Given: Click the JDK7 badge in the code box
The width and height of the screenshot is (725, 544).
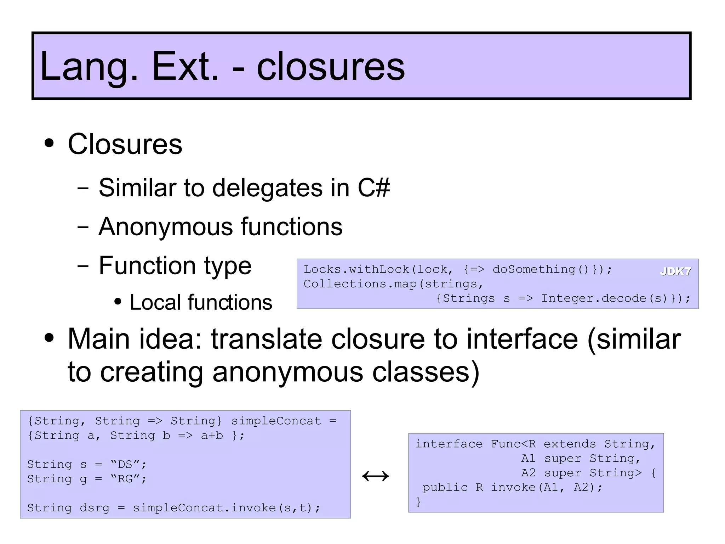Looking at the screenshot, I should tap(675, 271).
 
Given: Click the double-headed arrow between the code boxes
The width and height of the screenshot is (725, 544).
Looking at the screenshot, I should tap(376, 476).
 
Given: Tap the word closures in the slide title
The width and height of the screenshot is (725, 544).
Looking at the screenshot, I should tap(331, 66).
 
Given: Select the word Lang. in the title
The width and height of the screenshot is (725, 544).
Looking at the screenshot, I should tap(89, 66).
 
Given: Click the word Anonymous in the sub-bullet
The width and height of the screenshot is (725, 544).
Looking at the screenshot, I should tap(165, 226).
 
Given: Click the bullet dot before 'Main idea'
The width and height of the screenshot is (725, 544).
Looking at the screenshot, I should tap(49, 338).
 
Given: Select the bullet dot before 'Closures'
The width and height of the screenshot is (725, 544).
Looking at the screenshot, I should tap(49, 144).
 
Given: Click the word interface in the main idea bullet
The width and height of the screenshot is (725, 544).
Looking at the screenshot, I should tap(522, 339).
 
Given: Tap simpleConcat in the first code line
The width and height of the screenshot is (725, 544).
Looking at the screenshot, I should tap(276, 421).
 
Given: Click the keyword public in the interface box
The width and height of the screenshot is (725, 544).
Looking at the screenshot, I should tap(445, 488).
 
